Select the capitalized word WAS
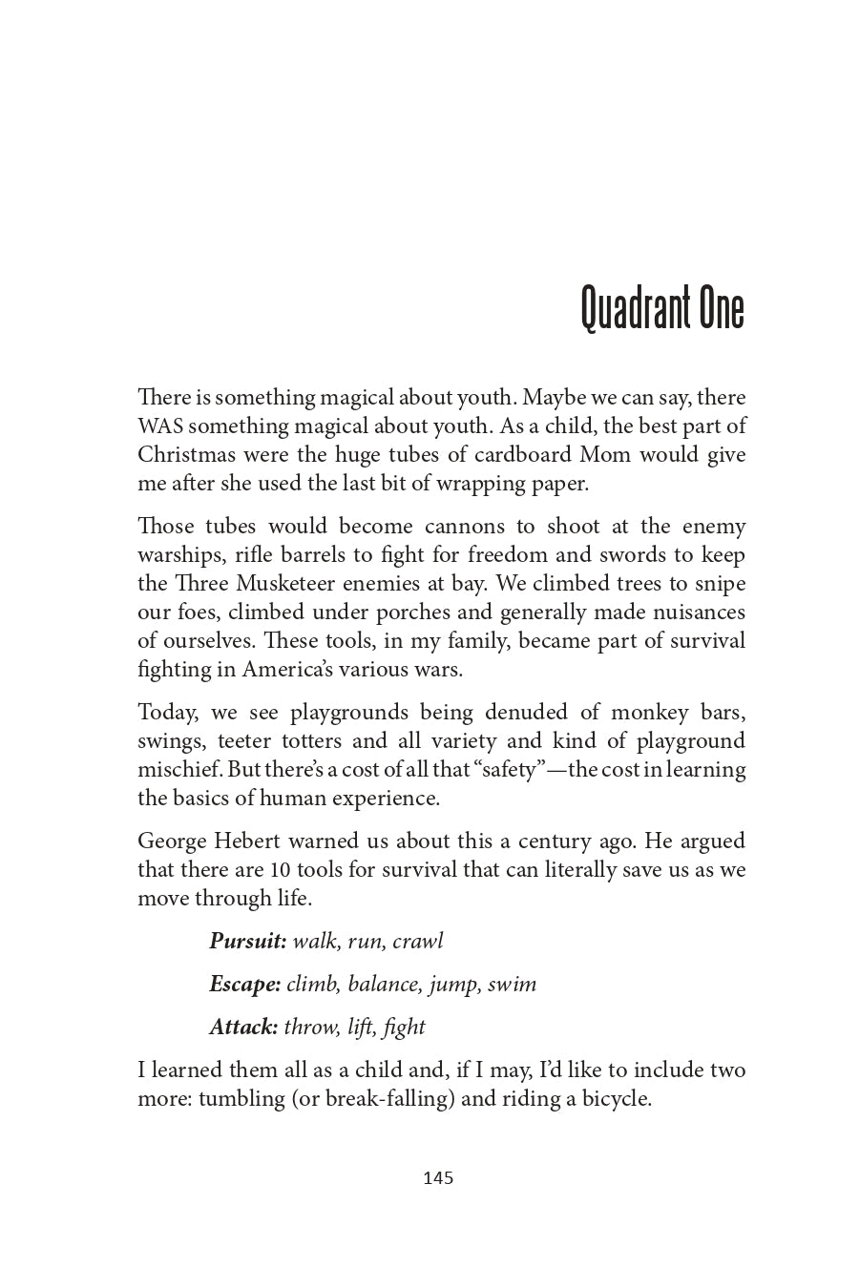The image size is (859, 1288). point(159,426)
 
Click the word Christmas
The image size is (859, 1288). point(184,454)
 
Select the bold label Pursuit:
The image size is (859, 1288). point(248,941)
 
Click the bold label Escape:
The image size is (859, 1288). point(244,984)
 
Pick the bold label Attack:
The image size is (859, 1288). point(243,1027)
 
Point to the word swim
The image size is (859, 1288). point(513,984)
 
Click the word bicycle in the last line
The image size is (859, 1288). point(616,1098)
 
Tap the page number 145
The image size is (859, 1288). point(437,1178)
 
